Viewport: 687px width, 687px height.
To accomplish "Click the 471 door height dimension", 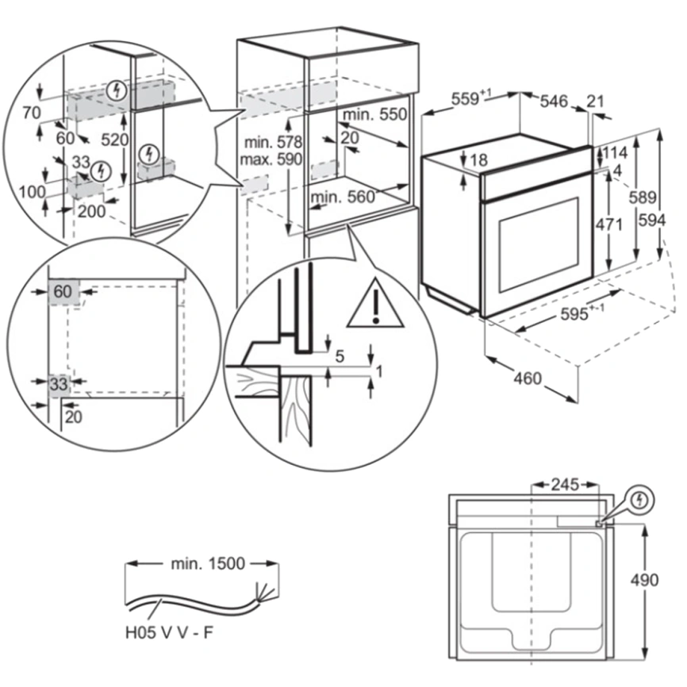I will pos(608,225).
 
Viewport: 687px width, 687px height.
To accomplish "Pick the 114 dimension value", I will pos(616,152).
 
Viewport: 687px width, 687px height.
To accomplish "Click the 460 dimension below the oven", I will pos(528,378).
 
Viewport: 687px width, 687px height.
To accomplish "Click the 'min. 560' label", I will pos(343,198).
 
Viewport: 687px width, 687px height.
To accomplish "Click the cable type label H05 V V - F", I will pos(170,633).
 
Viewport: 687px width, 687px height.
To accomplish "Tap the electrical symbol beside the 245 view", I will pos(642,501).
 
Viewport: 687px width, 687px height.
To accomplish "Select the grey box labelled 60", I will pos(62,292).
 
